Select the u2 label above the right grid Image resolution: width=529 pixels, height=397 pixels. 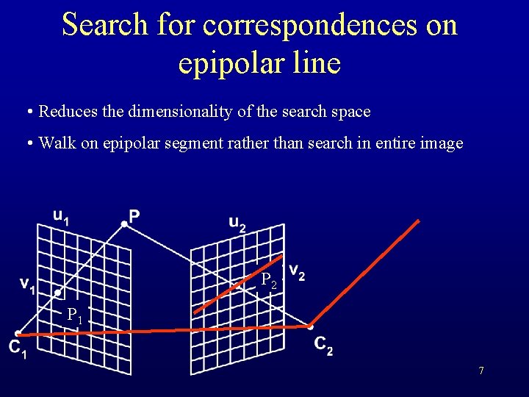237,223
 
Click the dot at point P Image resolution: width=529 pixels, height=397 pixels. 124,224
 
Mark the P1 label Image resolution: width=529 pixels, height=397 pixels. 75,315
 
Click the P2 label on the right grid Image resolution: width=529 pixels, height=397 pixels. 270,280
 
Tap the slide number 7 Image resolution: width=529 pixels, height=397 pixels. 481,371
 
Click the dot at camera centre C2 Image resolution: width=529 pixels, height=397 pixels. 311,326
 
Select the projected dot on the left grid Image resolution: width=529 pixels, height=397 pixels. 57,293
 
